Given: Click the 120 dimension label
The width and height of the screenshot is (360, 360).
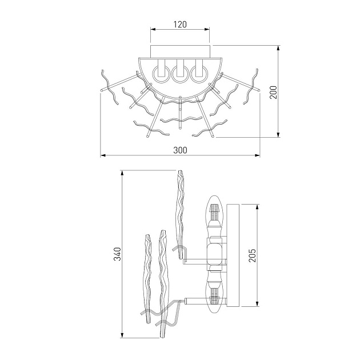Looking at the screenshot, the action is [x=180, y=24].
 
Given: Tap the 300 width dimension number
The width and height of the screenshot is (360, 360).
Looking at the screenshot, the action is [x=180, y=150].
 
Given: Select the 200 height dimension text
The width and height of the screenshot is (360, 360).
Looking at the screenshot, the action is [x=273, y=93].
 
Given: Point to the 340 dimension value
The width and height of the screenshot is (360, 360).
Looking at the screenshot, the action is [x=117, y=254].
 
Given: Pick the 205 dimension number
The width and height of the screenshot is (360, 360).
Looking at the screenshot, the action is [x=252, y=255].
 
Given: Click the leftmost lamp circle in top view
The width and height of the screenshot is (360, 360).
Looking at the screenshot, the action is [x=161, y=74].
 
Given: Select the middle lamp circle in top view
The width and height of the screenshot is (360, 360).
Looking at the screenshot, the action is [x=180, y=74].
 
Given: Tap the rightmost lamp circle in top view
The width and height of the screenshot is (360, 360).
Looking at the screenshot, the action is [x=199, y=74].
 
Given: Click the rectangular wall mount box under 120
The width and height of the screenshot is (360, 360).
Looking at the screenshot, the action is [x=180, y=51].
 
